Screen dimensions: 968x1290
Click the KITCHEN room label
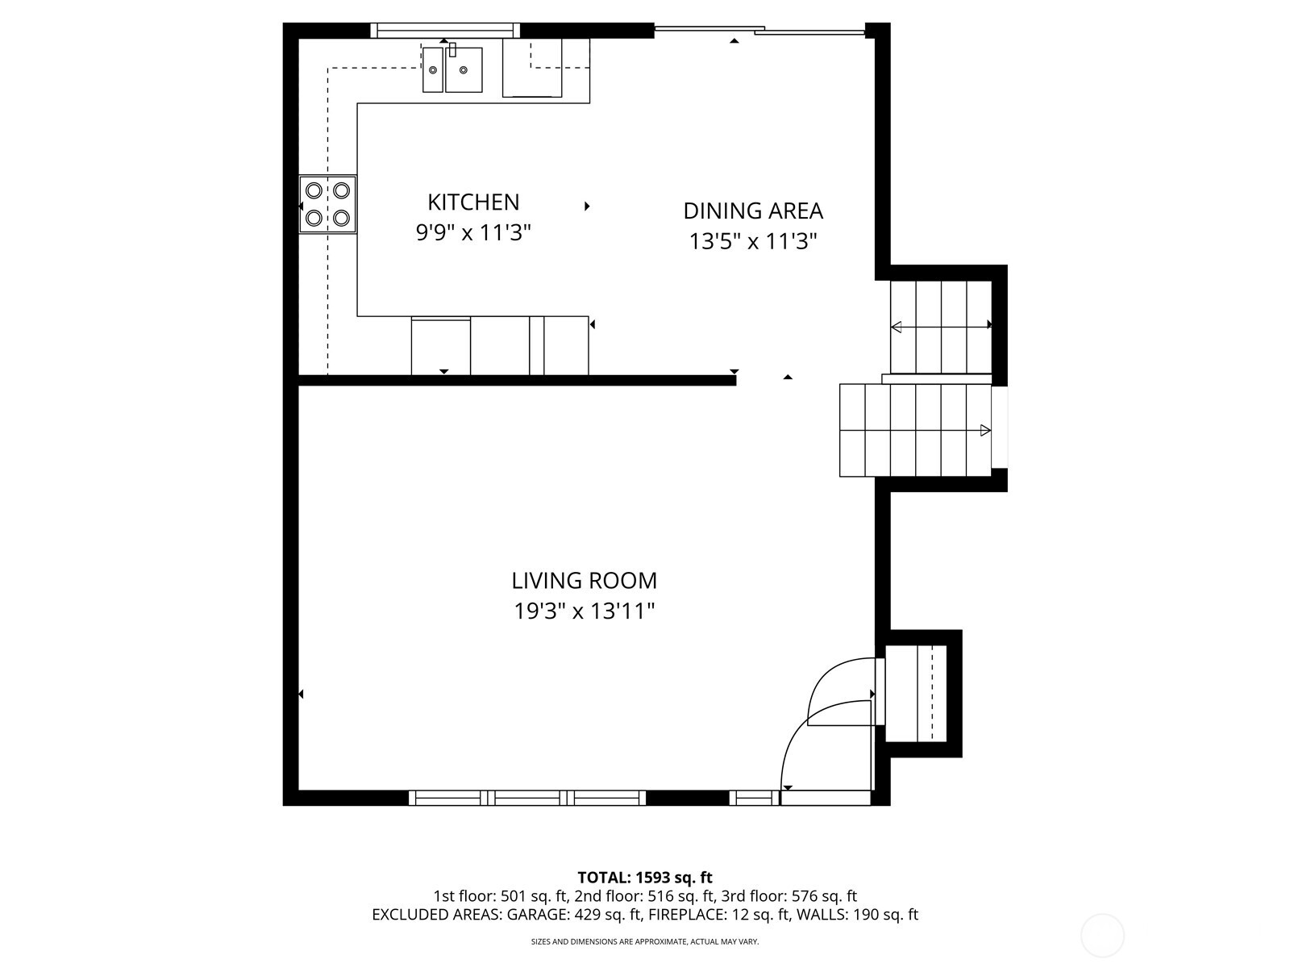(473, 202)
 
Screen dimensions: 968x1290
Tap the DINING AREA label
(753, 211)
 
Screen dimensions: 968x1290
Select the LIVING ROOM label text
(584, 581)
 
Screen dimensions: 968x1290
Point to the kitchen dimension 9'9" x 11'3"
(473, 233)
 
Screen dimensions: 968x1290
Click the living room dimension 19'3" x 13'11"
(584, 611)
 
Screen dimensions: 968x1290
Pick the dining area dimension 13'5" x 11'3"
(753, 241)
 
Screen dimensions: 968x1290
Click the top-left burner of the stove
(314, 190)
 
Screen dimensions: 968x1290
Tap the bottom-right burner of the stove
(342, 218)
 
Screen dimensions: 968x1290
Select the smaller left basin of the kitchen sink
(433, 69)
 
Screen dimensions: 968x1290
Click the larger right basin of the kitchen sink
(464, 69)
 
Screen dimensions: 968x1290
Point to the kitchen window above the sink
(444, 31)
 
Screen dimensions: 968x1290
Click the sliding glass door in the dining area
(758, 31)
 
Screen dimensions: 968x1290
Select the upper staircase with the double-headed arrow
(940, 326)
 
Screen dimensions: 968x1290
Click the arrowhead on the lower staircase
(984, 431)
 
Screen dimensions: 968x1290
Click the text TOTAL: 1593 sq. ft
(645, 877)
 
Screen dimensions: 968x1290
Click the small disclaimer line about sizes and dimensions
(645, 941)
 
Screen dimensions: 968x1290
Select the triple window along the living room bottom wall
(527, 798)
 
